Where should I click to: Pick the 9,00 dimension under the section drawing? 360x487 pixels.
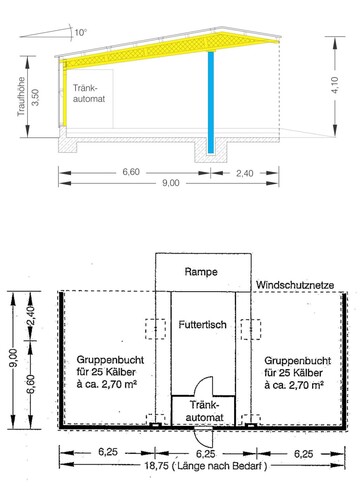pos(170,182)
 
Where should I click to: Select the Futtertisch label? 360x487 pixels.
pos(204,326)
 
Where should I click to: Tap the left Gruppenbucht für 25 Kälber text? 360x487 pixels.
pos(107,371)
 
